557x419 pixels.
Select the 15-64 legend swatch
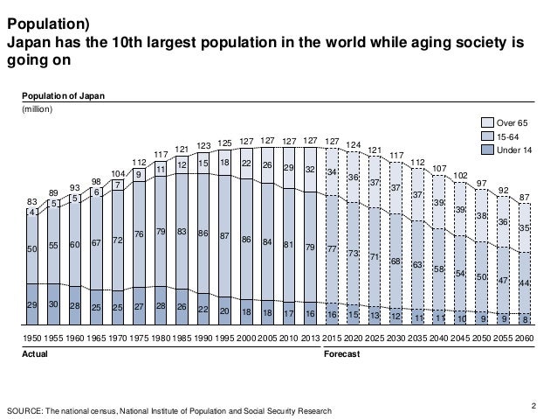click(490, 138)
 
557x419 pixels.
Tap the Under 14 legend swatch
click(490, 151)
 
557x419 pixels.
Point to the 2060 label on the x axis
click(523, 336)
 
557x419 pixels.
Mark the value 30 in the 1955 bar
click(53, 304)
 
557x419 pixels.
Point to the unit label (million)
click(38, 109)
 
